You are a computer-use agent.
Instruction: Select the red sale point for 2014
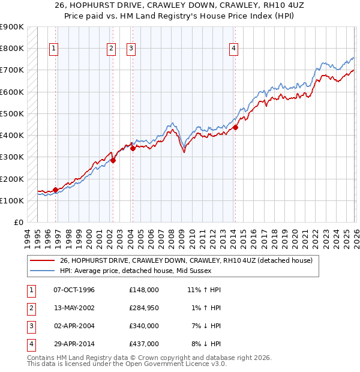tap(236, 127)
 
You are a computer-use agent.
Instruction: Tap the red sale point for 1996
tap(56, 190)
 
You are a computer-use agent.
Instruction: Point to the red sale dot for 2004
tap(133, 149)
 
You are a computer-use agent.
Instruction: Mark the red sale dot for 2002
tap(113, 161)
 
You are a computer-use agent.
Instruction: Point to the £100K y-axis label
tap(12, 200)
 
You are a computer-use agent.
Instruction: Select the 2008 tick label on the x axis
tap(172, 236)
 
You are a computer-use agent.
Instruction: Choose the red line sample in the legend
tap(42, 261)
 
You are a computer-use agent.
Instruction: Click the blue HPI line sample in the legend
tap(42, 271)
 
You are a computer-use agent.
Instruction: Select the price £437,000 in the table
tap(144, 344)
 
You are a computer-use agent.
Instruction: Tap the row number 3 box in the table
tap(30, 326)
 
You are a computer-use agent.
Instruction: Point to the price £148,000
tap(144, 290)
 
